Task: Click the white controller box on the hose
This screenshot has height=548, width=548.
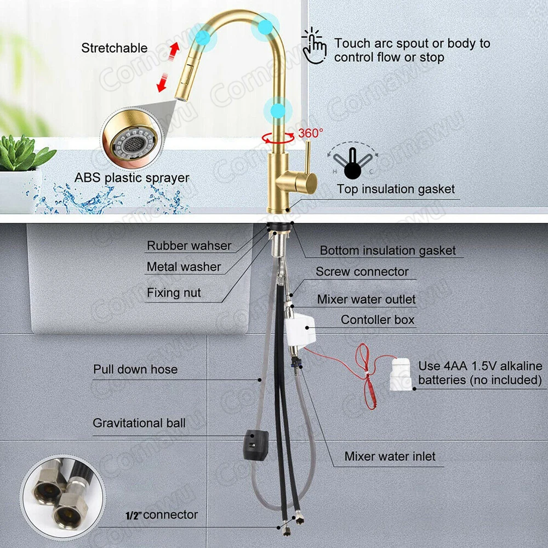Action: pos(300,329)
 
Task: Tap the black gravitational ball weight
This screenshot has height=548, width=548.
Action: pos(255,444)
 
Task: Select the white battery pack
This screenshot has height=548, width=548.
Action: pos(401,374)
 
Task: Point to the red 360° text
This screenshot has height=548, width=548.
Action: pos(310,133)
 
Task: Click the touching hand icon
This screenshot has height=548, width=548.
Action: pos(314,46)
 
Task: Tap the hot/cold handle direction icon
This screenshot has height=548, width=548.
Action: pos(352,161)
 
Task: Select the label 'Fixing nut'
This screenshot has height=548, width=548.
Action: pos(174,293)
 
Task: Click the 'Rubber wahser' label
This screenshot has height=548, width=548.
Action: pos(189,246)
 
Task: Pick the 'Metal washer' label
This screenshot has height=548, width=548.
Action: pos(184,267)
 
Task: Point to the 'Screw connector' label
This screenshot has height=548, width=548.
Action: pos(362,272)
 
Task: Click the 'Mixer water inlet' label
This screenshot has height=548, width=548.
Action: pos(390,456)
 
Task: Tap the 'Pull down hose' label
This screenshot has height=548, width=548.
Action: pos(135,369)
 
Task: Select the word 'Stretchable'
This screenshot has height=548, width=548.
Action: pos(115,48)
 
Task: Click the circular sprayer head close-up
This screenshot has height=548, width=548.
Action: pos(132,138)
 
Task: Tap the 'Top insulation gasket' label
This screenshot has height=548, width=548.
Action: pos(396,189)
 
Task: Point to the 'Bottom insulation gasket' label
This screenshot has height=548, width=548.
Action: pos(387,250)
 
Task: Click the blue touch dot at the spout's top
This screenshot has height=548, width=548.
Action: pos(265,26)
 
